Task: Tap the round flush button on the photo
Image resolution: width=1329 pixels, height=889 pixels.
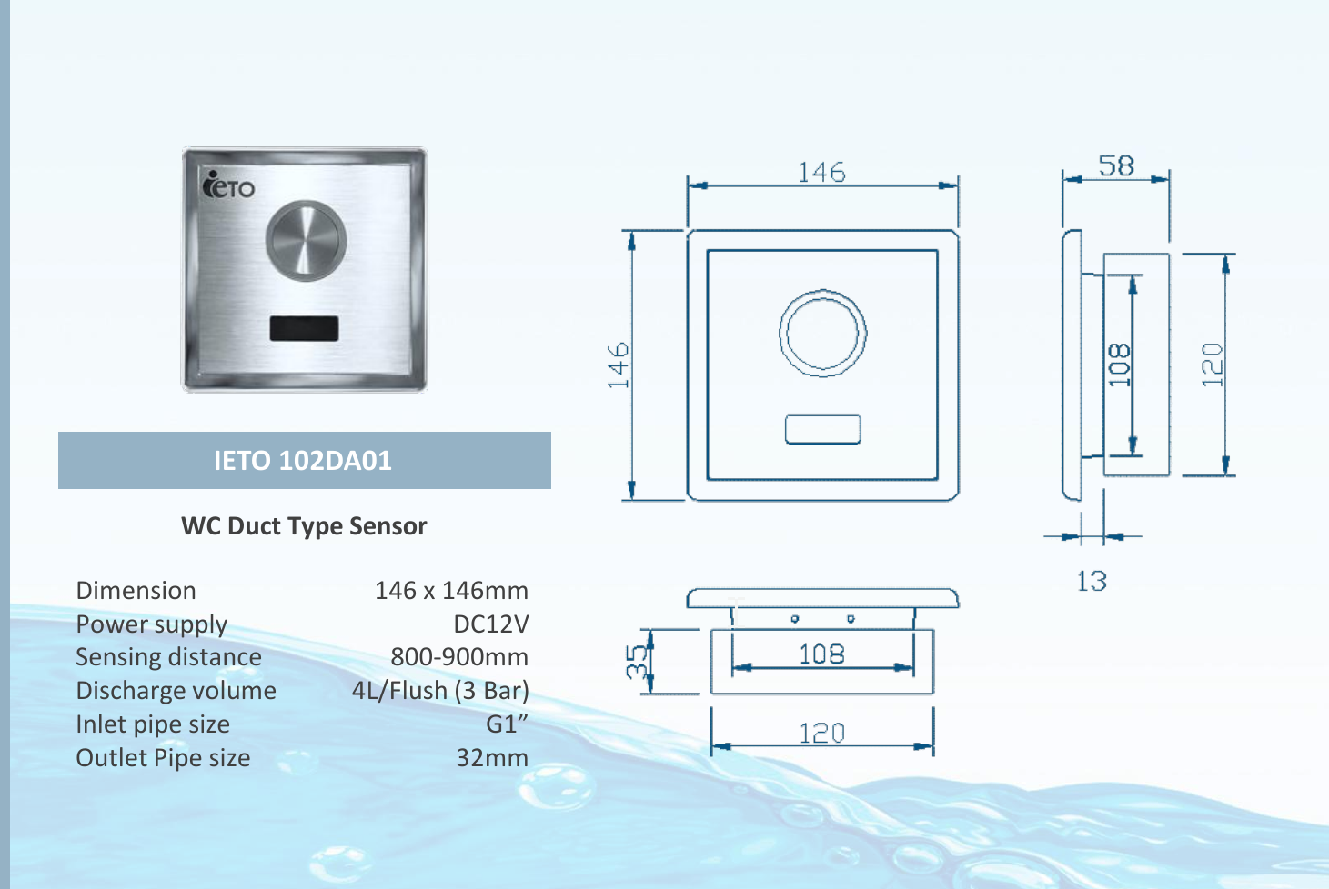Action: (x=306, y=240)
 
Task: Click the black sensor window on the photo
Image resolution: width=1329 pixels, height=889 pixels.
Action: (x=304, y=328)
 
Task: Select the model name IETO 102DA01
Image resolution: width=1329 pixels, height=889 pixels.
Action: (x=303, y=461)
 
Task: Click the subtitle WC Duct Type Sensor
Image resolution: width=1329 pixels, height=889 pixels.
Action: (x=304, y=526)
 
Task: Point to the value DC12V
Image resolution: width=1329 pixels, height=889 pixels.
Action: (x=490, y=624)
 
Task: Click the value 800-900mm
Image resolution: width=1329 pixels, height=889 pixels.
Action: (x=459, y=657)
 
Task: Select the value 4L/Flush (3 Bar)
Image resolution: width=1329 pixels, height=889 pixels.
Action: (x=440, y=691)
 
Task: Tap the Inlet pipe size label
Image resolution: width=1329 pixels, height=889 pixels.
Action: (x=153, y=724)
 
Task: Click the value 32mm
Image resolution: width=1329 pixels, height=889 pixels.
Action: (x=491, y=758)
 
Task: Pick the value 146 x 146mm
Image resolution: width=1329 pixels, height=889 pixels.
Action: (x=451, y=591)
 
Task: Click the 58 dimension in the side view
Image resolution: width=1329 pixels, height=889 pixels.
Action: (x=1116, y=166)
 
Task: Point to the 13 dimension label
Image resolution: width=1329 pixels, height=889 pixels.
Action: (x=1092, y=582)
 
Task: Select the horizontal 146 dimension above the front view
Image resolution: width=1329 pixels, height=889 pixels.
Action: (x=821, y=172)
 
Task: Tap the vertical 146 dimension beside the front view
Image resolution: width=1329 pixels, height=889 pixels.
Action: (x=619, y=365)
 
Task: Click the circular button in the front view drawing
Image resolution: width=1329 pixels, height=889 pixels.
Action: (x=822, y=334)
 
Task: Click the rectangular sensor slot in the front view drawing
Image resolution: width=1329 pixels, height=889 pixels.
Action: (x=822, y=429)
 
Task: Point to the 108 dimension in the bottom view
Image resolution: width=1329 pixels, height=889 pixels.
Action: (x=821, y=654)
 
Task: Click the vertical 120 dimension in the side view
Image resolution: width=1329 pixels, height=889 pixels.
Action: (x=1212, y=365)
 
